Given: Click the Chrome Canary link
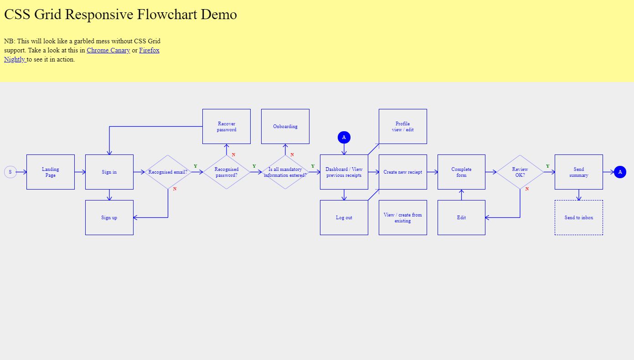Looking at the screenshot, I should (108, 50).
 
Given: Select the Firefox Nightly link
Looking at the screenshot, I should (149, 50).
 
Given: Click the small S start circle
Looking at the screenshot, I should (10, 172).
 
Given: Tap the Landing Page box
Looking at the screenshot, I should (51, 172).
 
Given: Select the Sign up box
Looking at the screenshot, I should (109, 218).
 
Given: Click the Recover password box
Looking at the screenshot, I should (227, 127).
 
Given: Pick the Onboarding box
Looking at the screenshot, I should (285, 127).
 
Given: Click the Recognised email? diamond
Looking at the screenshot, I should (168, 172).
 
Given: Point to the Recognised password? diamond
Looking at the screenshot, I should (227, 172).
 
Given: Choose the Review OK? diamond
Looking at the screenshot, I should (520, 172).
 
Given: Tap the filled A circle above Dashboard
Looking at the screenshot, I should (344, 137).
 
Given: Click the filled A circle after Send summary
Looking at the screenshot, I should (620, 172).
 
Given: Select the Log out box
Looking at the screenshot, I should (344, 218).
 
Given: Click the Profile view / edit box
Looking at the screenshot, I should (403, 127).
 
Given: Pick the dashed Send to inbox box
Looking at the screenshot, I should (579, 218).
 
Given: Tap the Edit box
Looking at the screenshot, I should (461, 218).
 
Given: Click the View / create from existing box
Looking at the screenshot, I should (403, 218).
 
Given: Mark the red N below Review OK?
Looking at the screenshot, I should (527, 189).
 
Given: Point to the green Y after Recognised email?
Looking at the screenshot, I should (196, 166).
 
